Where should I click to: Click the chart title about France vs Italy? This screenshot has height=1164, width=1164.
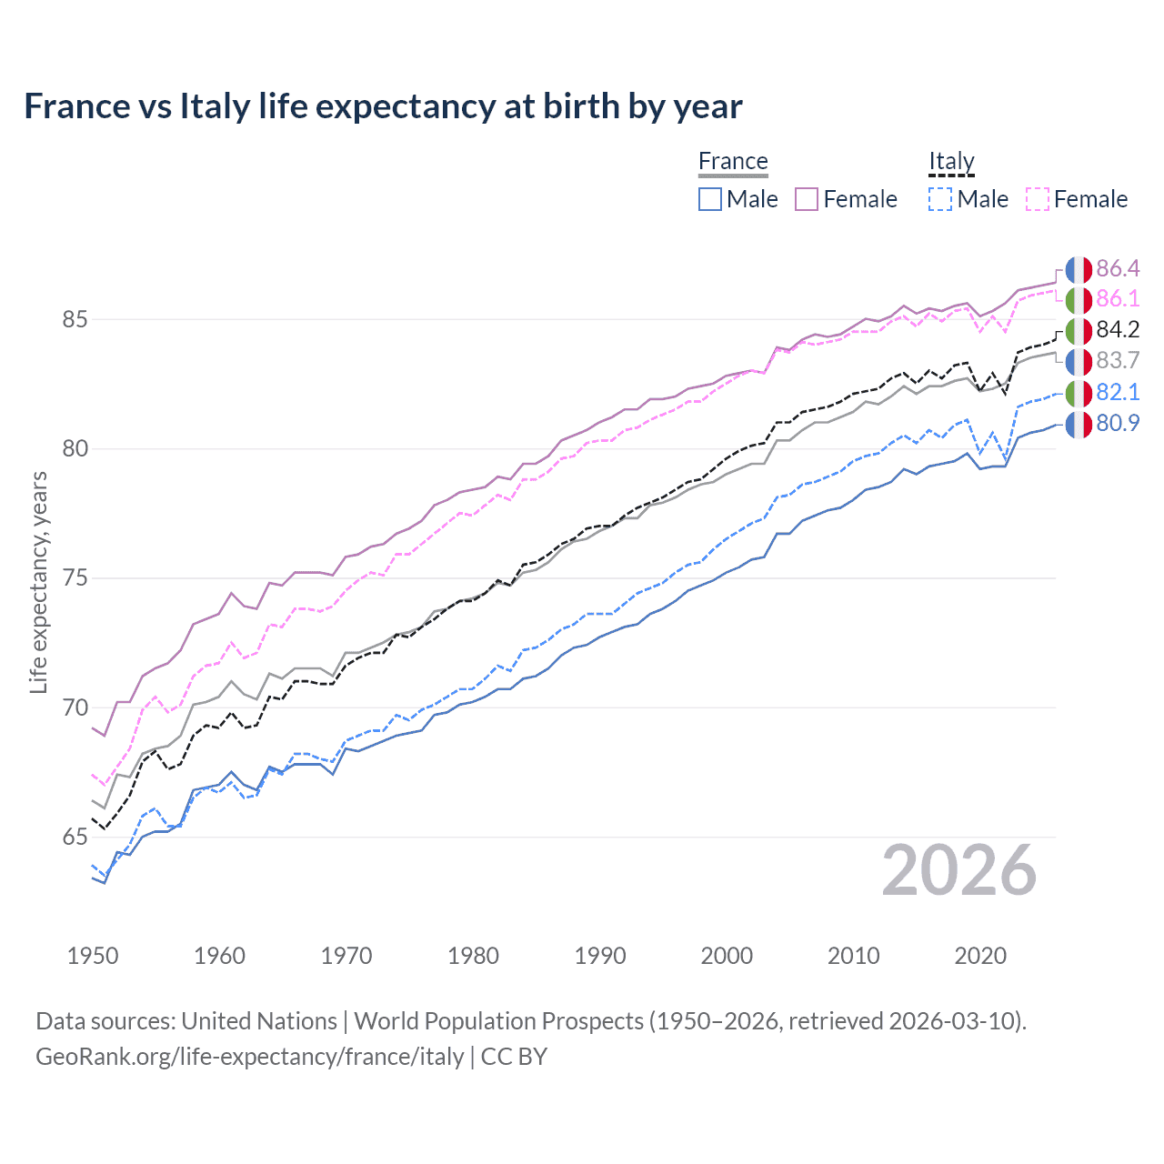coord(383,106)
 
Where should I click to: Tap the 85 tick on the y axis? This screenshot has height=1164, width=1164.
coord(75,320)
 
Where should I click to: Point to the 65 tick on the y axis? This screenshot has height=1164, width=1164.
coord(75,838)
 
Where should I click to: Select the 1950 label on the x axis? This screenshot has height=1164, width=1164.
coord(93,956)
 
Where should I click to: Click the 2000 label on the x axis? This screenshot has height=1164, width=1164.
coord(727,956)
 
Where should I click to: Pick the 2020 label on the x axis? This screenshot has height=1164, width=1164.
coord(980,956)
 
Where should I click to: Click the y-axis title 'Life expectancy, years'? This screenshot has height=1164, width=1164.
coord(38,582)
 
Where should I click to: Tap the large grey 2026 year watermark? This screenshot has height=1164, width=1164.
coord(959,870)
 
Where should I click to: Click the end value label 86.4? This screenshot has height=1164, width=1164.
coord(1118,268)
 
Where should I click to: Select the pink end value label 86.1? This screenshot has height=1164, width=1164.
coord(1118,299)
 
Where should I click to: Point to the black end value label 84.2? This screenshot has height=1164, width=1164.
coord(1118,330)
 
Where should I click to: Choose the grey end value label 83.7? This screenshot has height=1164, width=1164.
coord(1118,361)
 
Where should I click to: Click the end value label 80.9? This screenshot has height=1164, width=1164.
coord(1118,423)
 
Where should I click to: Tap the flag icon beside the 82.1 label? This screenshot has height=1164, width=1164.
coord(1079,393)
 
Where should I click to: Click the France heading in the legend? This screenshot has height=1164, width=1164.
coord(733,161)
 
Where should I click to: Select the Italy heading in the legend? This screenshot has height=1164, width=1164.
coord(951,161)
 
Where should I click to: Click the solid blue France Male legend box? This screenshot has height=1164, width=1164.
coord(710,199)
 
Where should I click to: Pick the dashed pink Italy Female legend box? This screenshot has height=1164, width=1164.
coord(1038,199)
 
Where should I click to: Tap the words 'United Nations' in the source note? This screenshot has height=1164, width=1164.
coord(259,1021)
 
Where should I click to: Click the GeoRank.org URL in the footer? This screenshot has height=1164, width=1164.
coord(250,1057)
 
